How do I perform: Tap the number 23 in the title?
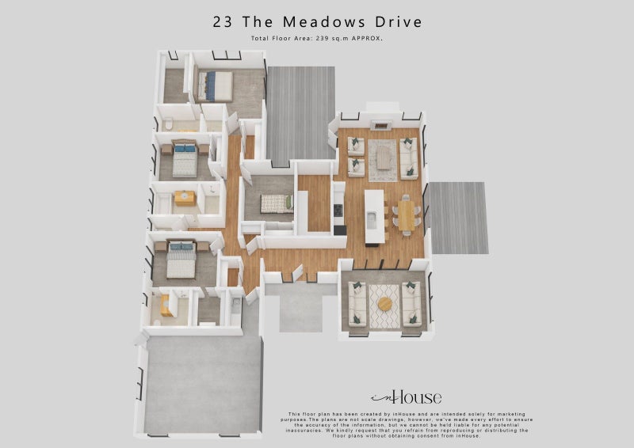click(223, 21)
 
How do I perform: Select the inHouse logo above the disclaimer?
click(406, 397)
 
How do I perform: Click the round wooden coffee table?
click(385, 304)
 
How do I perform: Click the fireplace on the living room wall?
click(381, 125)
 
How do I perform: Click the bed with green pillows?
click(277, 203)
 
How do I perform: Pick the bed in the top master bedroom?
click(216, 85)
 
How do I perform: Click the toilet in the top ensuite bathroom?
click(169, 123)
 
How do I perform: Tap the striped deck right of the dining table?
click(458, 218)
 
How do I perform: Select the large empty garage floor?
click(202, 383)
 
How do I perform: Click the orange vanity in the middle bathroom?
click(185, 198)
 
